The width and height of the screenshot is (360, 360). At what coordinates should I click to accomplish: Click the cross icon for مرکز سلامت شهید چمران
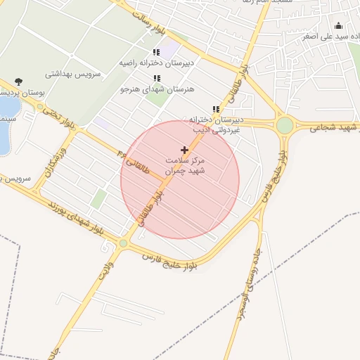pos(184,150)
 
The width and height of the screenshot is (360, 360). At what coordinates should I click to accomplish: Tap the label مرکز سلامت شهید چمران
pos(184,165)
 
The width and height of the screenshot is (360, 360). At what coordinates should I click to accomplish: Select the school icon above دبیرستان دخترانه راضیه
pos(156,52)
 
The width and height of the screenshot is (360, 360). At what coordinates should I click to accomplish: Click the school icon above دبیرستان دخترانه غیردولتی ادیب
pos(215,109)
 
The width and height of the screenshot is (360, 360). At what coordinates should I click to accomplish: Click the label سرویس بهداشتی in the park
pos(74,73)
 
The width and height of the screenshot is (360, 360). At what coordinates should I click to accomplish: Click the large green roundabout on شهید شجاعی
pos(284,125)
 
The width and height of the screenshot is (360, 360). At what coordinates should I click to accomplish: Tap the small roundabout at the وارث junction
pos(124,243)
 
